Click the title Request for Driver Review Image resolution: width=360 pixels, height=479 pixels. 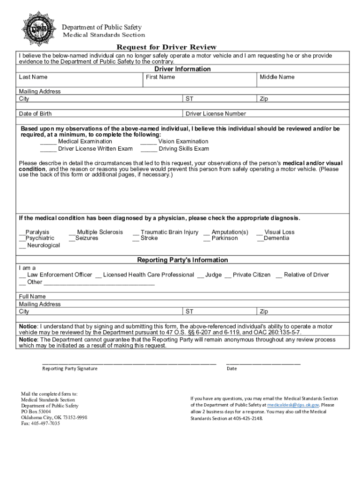click(166, 47)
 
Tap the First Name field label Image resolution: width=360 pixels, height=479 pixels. click(160, 77)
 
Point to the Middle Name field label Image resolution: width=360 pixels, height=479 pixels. click(277, 77)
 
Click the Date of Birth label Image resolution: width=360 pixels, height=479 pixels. click(35, 114)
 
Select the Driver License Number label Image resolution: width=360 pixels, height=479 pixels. click(216, 114)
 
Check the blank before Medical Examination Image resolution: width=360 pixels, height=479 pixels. click(48, 142)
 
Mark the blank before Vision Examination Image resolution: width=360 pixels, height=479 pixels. click(149, 142)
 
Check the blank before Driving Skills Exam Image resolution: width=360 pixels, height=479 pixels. click(149, 149)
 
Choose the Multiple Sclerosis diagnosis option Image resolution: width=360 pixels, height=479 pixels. click(96, 232)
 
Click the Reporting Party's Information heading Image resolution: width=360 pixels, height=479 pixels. click(182, 260)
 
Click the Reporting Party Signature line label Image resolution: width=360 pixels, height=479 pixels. click(70, 369)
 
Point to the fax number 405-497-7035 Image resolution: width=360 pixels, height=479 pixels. click(40, 423)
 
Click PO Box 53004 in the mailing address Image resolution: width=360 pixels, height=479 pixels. click(36, 412)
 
